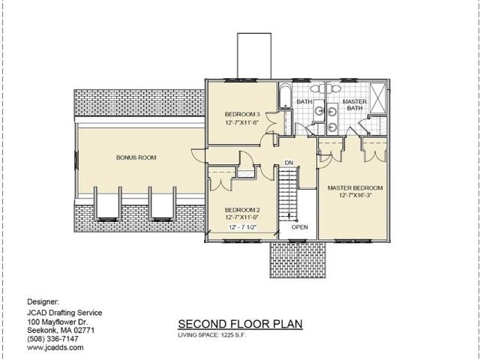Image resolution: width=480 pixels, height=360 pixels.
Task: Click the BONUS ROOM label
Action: (136, 157)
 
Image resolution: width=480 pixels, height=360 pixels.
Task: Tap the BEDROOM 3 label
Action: (242, 115)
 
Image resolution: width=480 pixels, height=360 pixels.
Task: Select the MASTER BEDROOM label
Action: (355, 188)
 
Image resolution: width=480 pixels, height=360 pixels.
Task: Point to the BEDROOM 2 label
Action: (242, 210)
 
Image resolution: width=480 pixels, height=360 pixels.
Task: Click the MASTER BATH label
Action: (355, 105)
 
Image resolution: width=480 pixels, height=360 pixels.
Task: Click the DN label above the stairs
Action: (289, 163)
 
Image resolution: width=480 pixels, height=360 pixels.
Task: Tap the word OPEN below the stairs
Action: (300, 227)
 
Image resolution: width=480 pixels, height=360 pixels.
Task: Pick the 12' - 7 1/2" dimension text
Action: (242, 227)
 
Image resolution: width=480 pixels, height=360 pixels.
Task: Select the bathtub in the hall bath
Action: (285, 95)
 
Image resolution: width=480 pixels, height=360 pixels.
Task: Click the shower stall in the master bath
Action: (378, 97)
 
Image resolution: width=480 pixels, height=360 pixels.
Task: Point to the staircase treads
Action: (288, 193)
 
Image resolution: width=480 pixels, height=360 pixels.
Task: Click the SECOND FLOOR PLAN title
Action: (240, 324)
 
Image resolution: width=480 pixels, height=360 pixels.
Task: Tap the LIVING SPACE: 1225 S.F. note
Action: (212, 335)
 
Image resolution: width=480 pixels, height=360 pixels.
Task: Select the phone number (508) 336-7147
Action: (52, 339)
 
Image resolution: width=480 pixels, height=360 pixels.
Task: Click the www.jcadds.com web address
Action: (55, 347)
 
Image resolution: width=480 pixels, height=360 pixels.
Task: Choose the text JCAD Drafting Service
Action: (64, 313)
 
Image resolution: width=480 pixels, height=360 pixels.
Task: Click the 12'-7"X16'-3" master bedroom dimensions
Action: (355, 195)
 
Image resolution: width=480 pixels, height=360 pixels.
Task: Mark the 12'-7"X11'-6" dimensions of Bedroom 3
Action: (242, 122)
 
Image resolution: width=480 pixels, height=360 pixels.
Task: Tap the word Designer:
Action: (43, 301)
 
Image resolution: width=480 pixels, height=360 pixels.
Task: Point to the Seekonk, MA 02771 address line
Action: (61, 331)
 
